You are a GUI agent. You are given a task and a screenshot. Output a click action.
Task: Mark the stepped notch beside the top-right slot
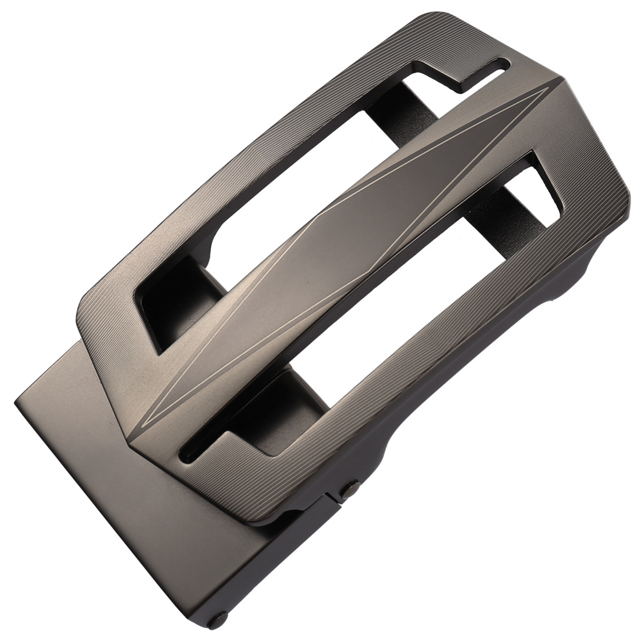tap(442, 74)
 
